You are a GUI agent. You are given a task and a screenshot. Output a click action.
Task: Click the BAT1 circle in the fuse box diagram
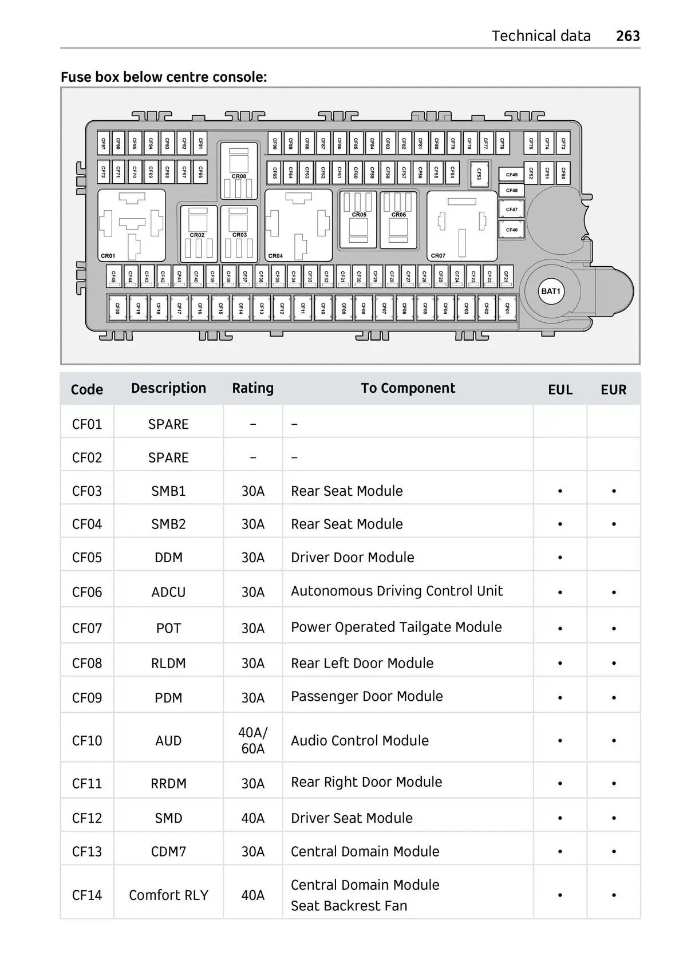[x=551, y=291]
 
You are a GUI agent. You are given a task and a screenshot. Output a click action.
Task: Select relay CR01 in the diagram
[x=132, y=225]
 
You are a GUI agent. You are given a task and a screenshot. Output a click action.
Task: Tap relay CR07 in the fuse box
[x=461, y=226]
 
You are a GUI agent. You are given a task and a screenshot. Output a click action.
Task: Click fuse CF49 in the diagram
[x=512, y=175]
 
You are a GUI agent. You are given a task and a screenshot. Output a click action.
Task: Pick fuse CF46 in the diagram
[x=512, y=230]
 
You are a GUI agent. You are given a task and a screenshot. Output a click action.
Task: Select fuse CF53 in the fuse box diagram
[x=479, y=174]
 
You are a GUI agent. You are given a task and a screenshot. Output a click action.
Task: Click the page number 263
[x=628, y=35]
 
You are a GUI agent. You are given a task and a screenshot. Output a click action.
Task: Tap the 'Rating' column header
[x=252, y=388]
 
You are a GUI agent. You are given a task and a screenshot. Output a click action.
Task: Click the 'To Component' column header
[x=408, y=388]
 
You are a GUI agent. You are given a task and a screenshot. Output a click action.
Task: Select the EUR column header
[x=613, y=389]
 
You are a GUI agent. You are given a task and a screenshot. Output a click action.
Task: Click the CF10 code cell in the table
[x=87, y=740]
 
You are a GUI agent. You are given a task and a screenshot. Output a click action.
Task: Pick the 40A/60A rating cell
[x=253, y=740]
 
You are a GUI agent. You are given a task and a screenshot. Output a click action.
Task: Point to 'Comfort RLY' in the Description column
[x=168, y=895]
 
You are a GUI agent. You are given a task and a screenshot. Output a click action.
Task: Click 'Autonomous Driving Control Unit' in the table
[x=397, y=591]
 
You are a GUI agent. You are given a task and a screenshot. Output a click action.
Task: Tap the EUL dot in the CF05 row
[x=560, y=558]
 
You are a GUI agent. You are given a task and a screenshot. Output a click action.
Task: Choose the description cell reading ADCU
[x=168, y=592]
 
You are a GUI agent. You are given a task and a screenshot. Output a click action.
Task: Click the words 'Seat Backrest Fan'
[x=349, y=906]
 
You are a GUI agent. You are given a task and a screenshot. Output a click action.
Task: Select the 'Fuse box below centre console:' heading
[x=164, y=77]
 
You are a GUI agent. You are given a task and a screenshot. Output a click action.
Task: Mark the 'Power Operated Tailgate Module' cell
[x=396, y=627]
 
